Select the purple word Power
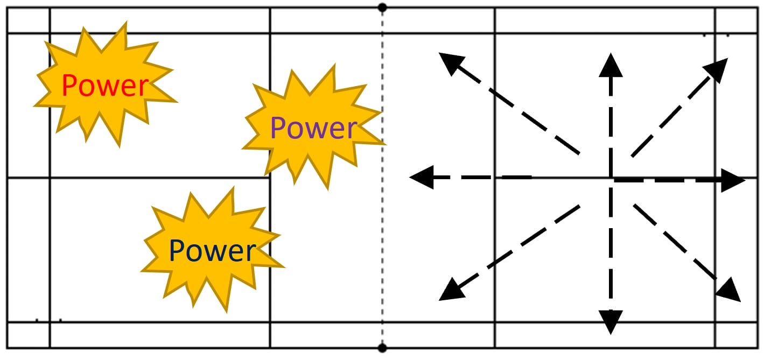click(x=313, y=128)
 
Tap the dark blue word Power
click(x=212, y=251)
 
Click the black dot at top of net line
click(x=382, y=8)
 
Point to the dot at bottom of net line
click(x=382, y=348)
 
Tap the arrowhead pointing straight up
click(x=611, y=64)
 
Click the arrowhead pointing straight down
click(x=611, y=322)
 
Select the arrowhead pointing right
click(x=733, y=180)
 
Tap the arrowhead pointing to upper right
click(x=718, y=67)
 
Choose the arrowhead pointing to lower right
click(x=729, y=291)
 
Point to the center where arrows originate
click(x=611, y=178)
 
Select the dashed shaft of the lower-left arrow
click(x=517, y=245)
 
